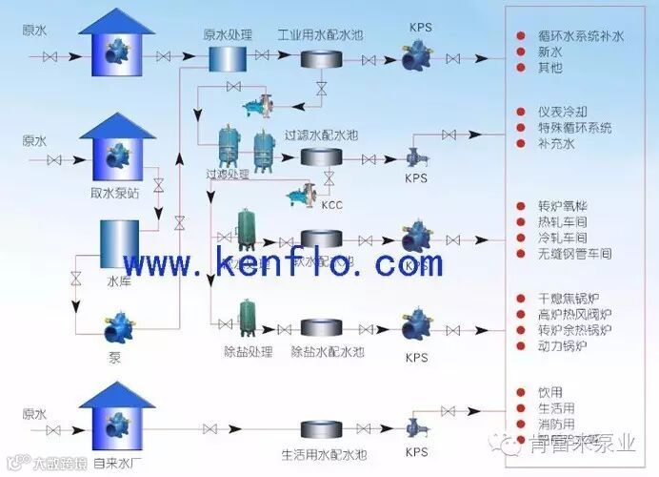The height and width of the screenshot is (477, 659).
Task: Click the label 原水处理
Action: [228, 34]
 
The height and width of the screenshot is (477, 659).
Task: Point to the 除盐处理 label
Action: [247, 352]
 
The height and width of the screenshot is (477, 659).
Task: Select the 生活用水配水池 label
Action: [324, 452]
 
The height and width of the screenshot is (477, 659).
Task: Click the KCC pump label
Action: [332, 205]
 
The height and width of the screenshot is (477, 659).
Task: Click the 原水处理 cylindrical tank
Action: [228, 58]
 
